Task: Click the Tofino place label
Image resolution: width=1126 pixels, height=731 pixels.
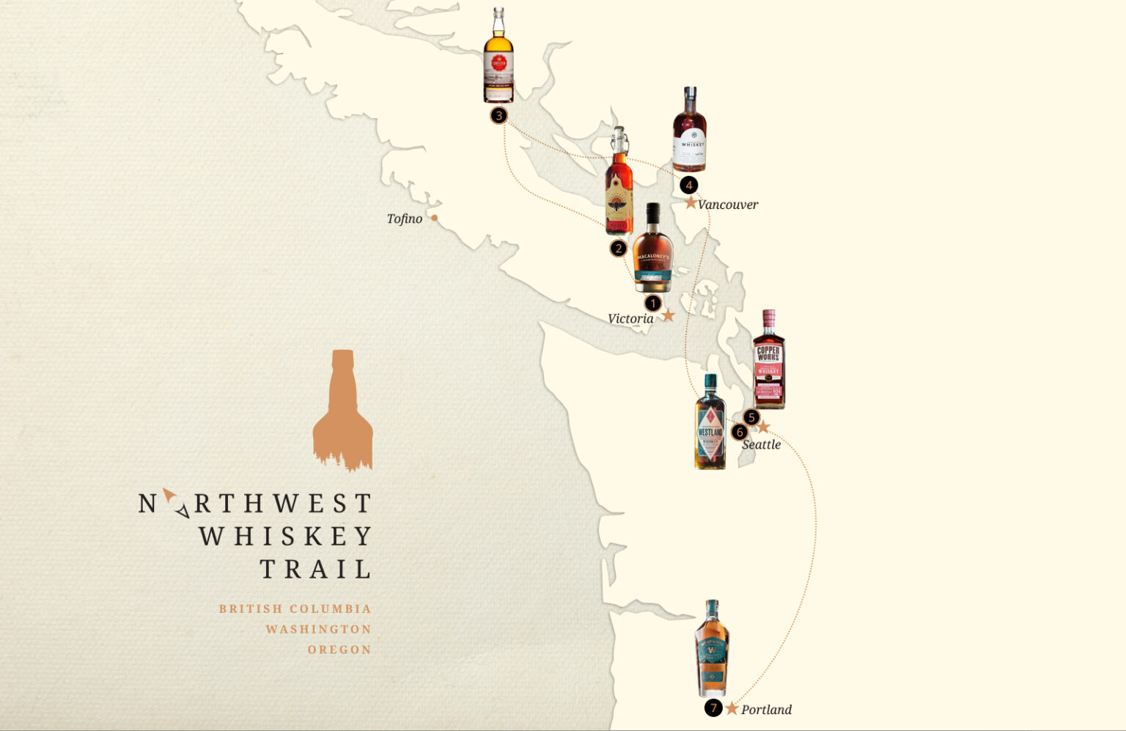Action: [404, 218]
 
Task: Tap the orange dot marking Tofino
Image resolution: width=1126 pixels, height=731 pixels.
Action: [435, 218]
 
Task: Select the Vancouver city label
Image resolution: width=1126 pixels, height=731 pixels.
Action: [728, 205]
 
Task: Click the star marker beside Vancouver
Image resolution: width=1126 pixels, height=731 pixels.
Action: [691, 202]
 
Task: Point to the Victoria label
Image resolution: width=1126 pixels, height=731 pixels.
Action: [630, 318]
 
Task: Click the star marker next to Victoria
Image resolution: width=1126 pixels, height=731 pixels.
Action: [668, 316]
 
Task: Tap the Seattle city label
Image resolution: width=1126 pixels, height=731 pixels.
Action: [761, 444]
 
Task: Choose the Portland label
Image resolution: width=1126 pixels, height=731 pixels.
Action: [766, 710]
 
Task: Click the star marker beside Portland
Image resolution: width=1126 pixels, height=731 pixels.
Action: [732, 708]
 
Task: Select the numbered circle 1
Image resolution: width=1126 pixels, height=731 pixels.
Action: [652, 303]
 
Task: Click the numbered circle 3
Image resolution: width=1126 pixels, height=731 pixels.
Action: [498, 115]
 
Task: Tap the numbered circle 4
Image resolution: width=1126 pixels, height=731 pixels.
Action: [688, 185]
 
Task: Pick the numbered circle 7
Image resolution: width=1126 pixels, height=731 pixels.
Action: [713, 708]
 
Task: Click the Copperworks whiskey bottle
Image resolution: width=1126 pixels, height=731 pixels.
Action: [768, 359]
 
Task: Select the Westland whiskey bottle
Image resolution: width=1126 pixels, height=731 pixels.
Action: [710, 423]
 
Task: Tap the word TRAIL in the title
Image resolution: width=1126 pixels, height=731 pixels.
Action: [315, 569]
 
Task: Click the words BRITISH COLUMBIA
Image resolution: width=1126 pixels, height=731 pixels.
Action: [295, 609]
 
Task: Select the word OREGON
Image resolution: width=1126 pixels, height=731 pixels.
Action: [339, 650]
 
